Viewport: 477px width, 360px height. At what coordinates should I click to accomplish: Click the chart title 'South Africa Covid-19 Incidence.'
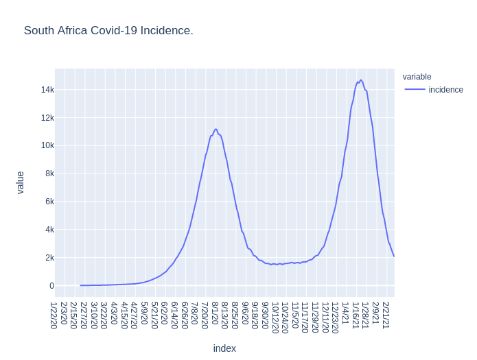pos(108,31)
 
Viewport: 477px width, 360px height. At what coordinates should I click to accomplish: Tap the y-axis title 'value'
pos(20,182)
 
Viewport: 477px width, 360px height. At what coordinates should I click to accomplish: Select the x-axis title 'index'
pos(224,348)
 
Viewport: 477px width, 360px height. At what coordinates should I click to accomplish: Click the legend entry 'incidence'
pos(445,90)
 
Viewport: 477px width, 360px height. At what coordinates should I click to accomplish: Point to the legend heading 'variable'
pos(417,77)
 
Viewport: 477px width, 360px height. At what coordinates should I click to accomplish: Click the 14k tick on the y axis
pos(47,90)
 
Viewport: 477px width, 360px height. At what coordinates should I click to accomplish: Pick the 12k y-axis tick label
pos(47,118)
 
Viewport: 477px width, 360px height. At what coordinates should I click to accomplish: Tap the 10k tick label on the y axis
pos(47,145)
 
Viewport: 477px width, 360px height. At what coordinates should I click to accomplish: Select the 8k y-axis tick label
pos(49,173)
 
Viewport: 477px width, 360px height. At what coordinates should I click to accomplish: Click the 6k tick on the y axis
pos(49,202)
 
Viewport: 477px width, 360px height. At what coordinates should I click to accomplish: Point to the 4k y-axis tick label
pos(49,230)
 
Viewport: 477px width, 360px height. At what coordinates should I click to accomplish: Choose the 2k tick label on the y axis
pos(49,258)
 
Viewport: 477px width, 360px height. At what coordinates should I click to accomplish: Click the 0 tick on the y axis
pos(51,286)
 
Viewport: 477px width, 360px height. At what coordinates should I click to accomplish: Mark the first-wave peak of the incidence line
pos(216,129)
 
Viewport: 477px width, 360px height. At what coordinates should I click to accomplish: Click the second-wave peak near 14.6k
pos(360,80)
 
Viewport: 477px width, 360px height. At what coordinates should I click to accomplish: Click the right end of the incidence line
pos(394,256)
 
